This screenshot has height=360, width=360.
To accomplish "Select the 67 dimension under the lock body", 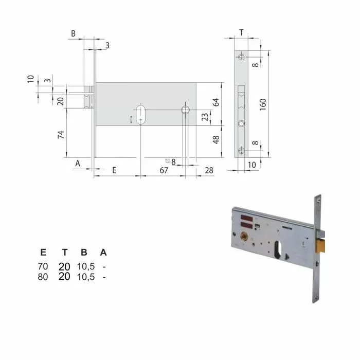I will click(164, 170).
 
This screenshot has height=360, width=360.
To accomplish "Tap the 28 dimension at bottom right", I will click(209, 170).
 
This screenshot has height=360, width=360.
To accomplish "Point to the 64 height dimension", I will click(217, 102).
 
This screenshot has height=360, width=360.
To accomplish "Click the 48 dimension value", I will click(217, 139).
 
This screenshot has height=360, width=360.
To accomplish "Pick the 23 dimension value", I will click(205, 117).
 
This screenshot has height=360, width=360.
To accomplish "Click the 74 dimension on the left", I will click(60, 135).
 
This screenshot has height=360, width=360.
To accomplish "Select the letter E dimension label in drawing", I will click(114, 170).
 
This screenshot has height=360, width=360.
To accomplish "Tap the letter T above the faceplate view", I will click(241, 33).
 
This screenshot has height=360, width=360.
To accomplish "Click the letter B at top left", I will click(74, 34).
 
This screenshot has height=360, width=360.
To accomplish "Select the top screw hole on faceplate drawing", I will click(242, 57).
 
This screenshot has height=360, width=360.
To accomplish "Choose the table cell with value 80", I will click(43, 277).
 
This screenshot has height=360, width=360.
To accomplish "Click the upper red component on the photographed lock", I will click(245, 217).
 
